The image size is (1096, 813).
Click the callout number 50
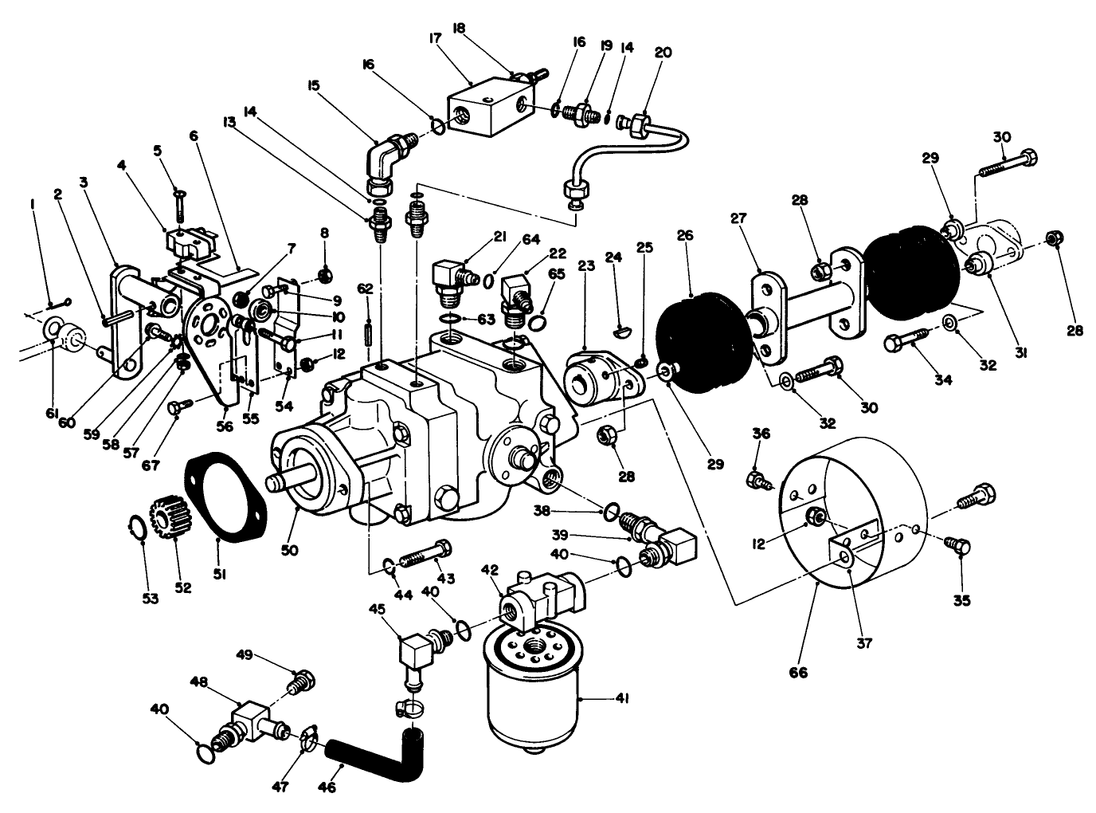pyautogui.click(x=290, y=550)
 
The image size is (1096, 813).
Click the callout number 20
pyautogui.click(x=663, y=53)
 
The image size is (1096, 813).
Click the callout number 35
pyautogui.click(x=962, y=601)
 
